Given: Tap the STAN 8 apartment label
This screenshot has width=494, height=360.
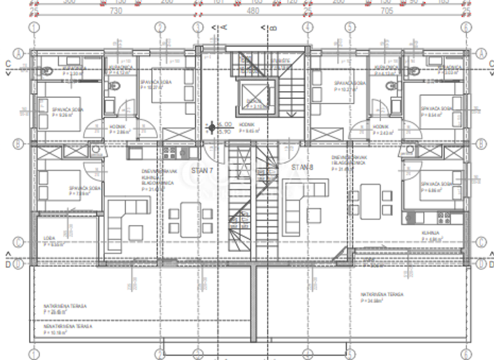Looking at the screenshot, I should pyautogui.click(x=300, y=168).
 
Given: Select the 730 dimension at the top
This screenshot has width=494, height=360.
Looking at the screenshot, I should pyautogui.click(x=116, y=11).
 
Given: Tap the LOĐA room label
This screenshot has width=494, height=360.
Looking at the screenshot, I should pyautogui.click(x=50, y=239).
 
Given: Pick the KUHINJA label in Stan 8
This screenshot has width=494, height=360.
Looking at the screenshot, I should pyautogui.click(x=430, y=232).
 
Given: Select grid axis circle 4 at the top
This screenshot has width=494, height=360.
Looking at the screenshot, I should pyautogui.click(x=307, y=28).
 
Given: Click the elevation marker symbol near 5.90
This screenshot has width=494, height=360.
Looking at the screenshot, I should pyautogui.click(x=210, y=128).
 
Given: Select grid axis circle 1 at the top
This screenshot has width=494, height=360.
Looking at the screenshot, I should pyautogui.click(x=33, y=28).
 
